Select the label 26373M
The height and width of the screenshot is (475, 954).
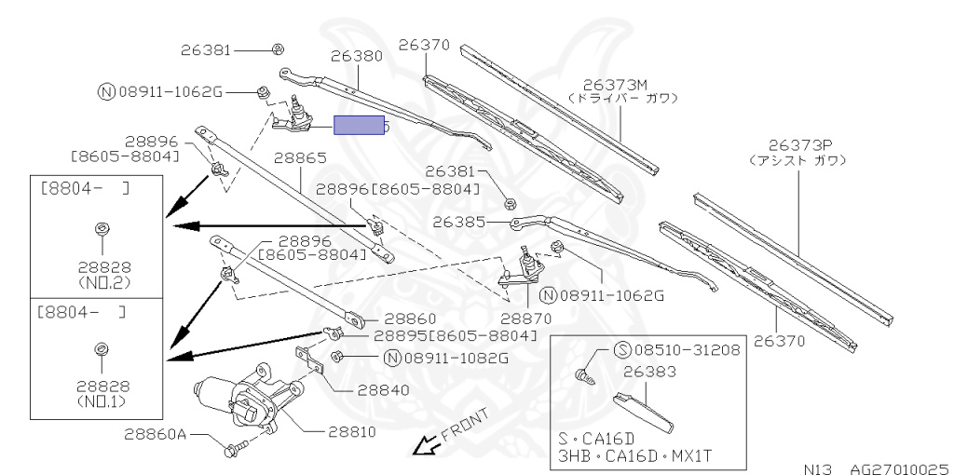[621, 83]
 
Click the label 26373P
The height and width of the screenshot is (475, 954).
[798, 145]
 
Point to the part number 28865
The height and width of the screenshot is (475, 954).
[298, 159]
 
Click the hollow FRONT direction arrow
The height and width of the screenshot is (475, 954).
[426, 448]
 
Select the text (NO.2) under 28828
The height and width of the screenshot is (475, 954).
[103, 278]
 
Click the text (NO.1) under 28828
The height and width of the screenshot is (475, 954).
[103, 401]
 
